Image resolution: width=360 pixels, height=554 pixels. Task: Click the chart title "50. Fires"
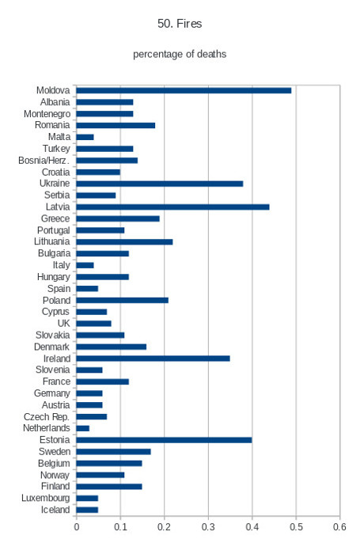coord(180,24)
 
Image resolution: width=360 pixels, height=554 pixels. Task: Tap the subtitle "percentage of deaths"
coord(180,54)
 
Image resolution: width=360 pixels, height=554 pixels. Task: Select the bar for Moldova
coord(184,90)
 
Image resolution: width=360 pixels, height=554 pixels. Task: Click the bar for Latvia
coord(172,207)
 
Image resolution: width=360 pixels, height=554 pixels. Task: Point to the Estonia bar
coord(164,440)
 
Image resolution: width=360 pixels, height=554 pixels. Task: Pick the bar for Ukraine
coord(160,184)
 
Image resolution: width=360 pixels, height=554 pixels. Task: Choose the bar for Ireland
coord(153,359)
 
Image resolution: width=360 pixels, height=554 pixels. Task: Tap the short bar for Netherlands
coord(82,429)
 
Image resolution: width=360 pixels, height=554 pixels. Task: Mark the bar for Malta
coord(85,137)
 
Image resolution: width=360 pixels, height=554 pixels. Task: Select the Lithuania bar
coord(124,242)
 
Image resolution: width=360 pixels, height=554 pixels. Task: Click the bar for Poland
coord(122,300)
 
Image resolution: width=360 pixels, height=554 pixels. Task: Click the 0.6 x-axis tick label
coord(340,527)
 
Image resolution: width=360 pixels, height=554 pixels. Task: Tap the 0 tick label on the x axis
coord(77,527)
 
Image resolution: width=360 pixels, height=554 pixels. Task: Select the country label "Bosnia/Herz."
coord(44,161)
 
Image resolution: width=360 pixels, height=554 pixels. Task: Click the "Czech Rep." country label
coord(47,417)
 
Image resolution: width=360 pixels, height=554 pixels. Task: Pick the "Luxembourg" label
coord(46,498)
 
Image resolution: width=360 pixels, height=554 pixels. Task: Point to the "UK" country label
coord(63,324)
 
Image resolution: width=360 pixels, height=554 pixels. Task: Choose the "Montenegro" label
coord(47,114)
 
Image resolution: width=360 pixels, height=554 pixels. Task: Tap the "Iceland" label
coord(55,510)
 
